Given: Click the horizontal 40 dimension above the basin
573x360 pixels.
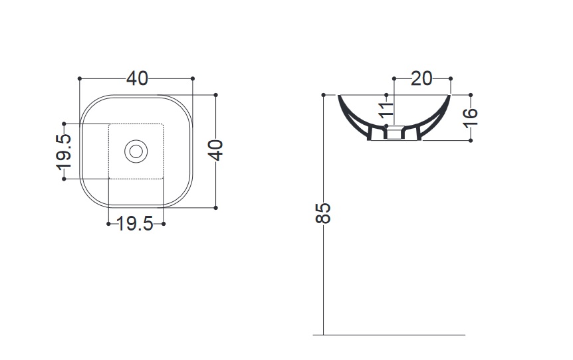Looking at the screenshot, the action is tap(138, 78).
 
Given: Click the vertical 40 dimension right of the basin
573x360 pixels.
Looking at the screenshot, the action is tap(215, 150).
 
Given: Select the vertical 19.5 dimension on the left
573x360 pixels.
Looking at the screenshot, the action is tap(64, 152).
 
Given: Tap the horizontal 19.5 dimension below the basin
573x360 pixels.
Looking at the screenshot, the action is tap(135, 224).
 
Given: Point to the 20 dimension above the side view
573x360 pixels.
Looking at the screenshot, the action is tap(421, 78).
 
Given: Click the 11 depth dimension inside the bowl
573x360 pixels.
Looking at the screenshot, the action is tap(386, 110).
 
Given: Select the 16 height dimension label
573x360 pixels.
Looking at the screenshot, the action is tap(471, 118).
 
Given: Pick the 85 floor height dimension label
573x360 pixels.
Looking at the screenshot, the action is tap(323, 213).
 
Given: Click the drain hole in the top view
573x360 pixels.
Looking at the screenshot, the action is tap(136, 151).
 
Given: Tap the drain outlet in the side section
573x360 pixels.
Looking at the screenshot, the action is tap(394, 133).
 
